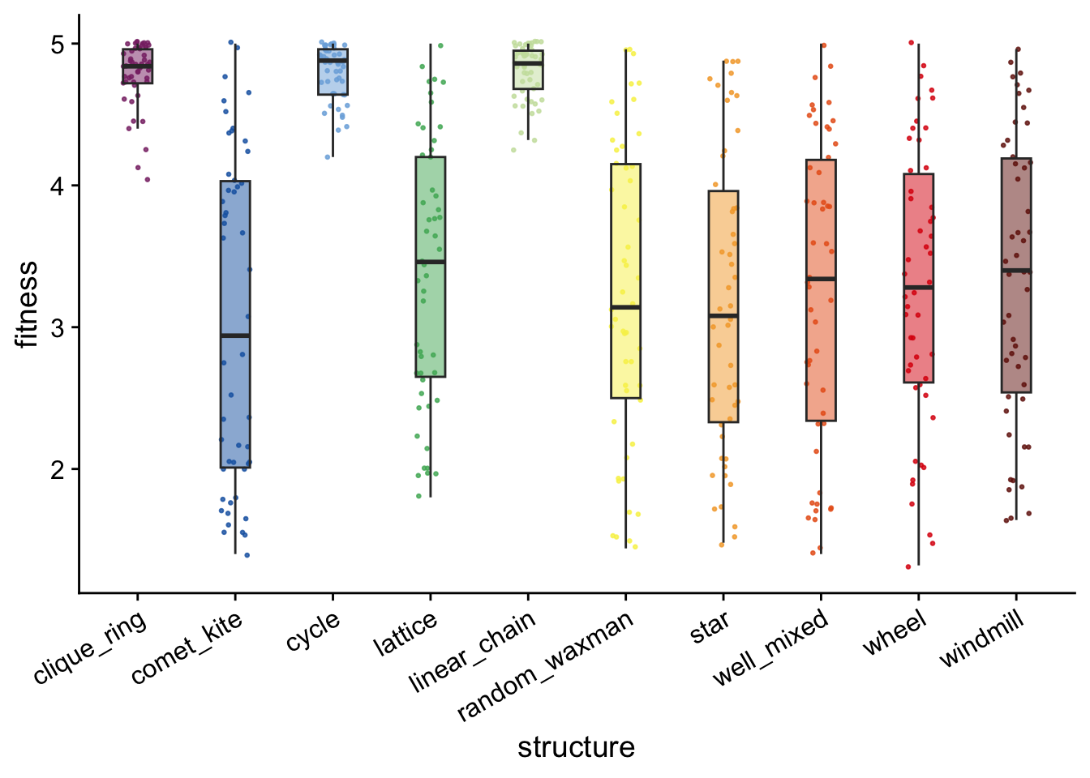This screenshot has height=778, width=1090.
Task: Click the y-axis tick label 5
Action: pos(58,45)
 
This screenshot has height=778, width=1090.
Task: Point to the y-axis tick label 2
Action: pos(58,470)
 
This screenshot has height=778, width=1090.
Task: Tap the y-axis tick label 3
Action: pos(58,328)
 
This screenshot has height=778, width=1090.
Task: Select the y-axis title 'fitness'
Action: pos(27,304)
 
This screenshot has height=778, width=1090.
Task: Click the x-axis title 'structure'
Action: pos(576,747)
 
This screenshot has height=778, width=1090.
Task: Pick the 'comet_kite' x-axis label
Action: pos(187,648)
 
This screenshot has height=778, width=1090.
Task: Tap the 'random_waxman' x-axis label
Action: pos(545,666)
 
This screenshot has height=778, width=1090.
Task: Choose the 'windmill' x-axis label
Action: pos(982,638)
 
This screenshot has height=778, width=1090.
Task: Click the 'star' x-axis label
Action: pos(710,626)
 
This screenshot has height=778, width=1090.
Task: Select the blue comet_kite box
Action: pos(235,324)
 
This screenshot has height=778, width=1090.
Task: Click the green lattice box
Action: pos(431,267)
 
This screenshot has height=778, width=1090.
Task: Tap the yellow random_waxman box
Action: pos(626,281)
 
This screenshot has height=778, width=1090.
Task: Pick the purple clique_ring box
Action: pos(137,66)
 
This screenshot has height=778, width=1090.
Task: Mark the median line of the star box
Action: pos(723,315)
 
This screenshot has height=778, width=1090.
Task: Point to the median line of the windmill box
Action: pos(1016,271)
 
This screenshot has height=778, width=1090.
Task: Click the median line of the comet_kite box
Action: pos(235,336)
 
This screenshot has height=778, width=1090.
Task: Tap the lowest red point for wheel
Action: pos(908,566)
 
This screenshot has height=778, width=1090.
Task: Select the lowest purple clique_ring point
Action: pos(148,179)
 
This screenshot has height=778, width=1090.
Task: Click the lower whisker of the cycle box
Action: pos(333,126)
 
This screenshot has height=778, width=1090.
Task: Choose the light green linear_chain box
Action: pos(529,70)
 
